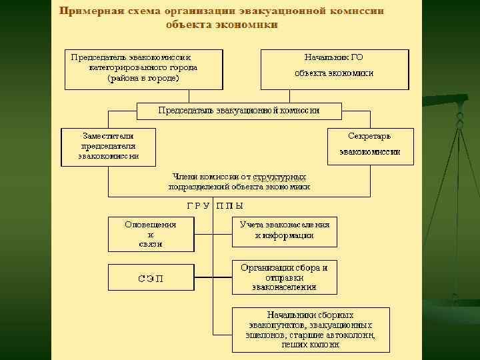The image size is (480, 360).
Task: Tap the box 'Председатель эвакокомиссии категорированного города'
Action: click(143, 68)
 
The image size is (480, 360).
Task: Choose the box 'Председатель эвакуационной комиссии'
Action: click(239, 111)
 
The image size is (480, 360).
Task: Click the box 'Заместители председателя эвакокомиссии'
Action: click(109, 146)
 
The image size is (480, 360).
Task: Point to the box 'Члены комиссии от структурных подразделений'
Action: click(239, 182)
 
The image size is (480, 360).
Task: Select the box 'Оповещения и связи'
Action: click(150, 234)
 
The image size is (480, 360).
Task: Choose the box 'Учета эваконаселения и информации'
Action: click(284, 230)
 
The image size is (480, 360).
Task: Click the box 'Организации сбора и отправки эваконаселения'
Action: click(284, 278)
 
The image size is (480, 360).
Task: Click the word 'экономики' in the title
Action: click(248, 25)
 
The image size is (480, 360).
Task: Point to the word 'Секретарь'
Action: click(369, 136)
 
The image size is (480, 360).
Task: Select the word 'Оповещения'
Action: click(151, 224)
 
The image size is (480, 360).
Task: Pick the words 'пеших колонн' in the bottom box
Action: click(310, 345)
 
